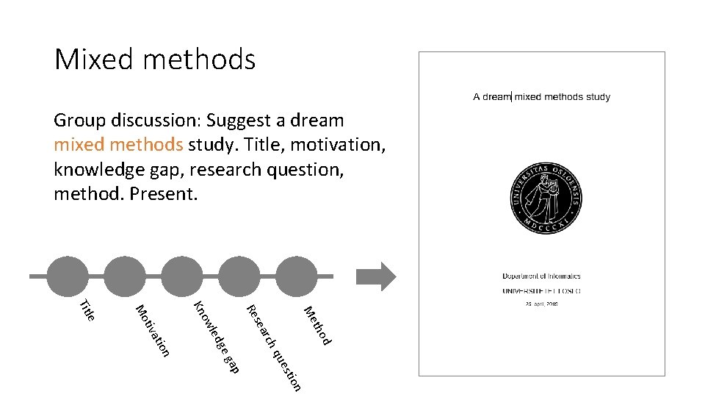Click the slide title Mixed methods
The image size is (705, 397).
pyautogui.click(x=155, y=59)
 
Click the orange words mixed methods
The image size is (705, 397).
pyautogui.click(x=118, y=144)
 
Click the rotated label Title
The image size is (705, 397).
pyautogui.click(x=87, y=310)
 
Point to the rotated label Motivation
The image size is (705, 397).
pyautogui.click(x=153, y=330)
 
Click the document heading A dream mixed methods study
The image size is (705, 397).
pyautogui.click(x=542, y=96)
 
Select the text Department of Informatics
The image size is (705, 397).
pyautogui.click(x=542, y=276)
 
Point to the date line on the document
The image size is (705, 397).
pyautogui.click(x=542, y=304)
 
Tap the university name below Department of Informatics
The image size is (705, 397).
pyautogui.click(x=542, y=290)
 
